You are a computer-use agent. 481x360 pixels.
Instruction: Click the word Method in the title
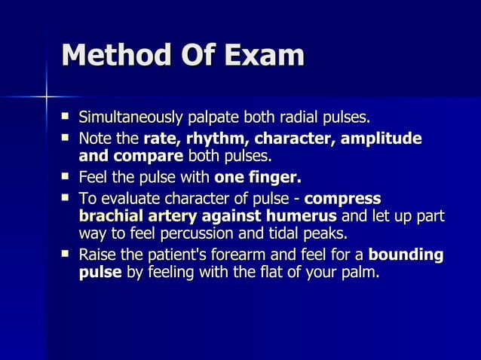(x=116, y=56)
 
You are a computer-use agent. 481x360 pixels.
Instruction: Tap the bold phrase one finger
(x=258, y=178)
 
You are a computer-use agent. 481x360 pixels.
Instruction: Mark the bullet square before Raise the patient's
(x=66, y=255)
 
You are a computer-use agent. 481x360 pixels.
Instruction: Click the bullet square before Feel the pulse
(x=66, y=178)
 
